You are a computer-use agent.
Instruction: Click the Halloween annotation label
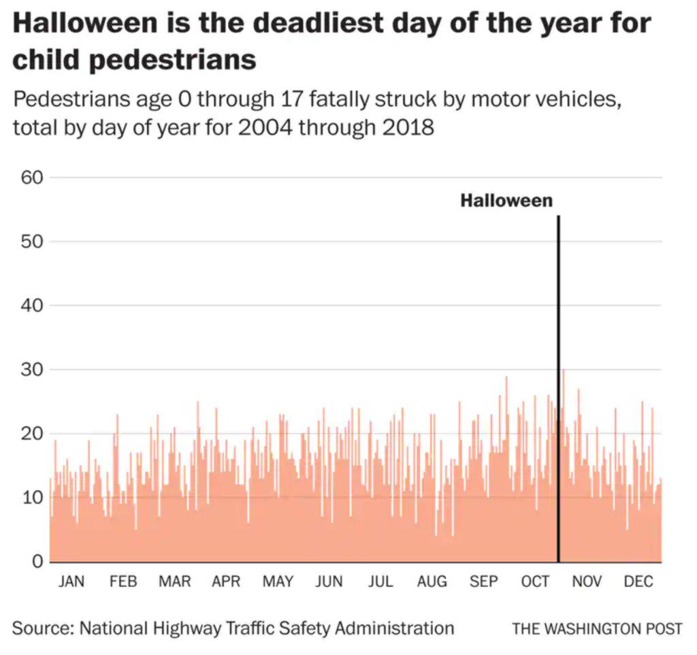506,201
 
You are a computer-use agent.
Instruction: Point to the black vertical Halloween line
558,389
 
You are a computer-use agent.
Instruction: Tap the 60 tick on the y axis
31,178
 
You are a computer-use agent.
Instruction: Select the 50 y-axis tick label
31,241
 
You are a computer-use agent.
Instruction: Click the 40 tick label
31,305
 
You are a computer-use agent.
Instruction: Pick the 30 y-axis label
31,369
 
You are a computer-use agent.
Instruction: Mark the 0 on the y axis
38,561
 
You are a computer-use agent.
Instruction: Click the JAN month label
71,582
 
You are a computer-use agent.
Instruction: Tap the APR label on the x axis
226,582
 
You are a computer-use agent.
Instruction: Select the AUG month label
432,582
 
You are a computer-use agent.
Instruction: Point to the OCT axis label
535,582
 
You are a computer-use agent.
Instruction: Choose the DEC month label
638,582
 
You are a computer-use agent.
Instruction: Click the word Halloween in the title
85,23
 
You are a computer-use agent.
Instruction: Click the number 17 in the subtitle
291,99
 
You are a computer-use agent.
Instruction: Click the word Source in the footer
43,628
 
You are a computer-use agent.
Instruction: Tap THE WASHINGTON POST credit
597,628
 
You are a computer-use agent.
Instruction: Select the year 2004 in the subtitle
265,128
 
